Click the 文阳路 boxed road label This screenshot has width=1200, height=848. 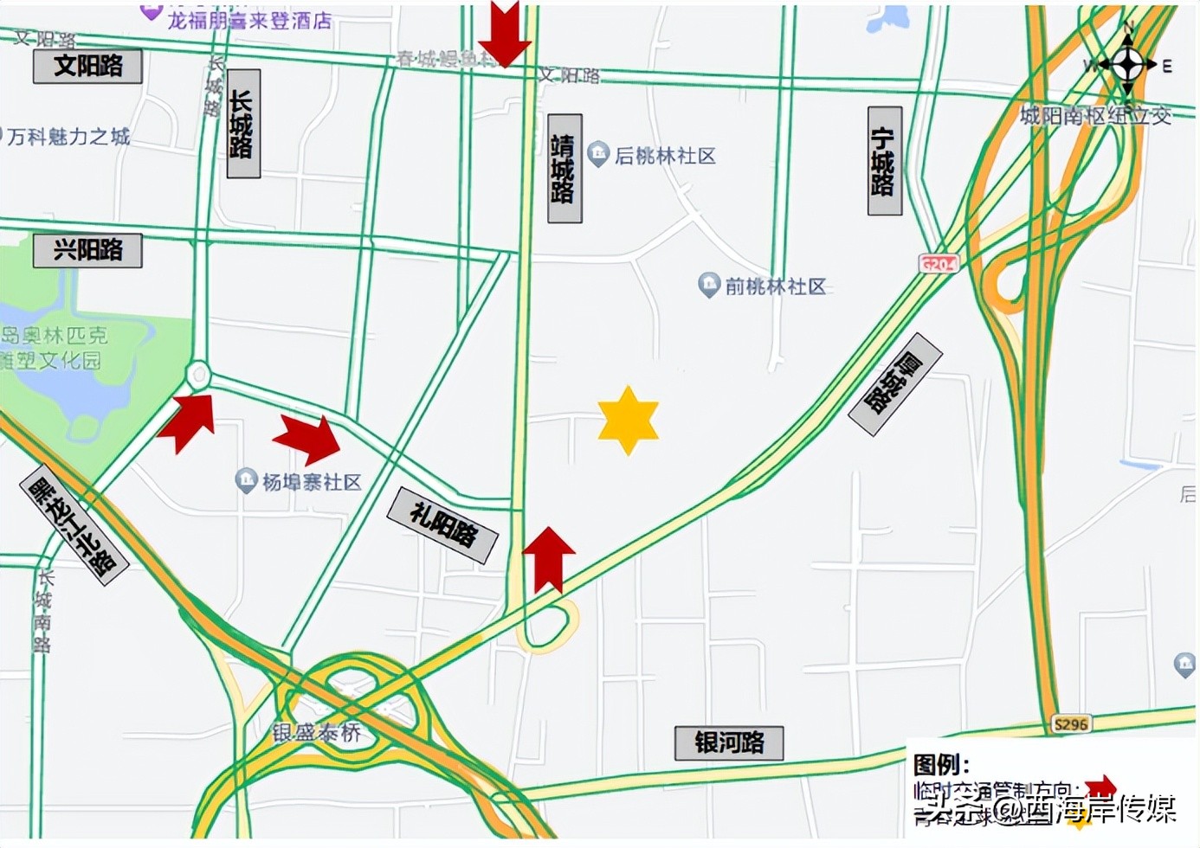[x=87, y=66]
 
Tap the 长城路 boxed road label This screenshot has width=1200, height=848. [x=243, y=124]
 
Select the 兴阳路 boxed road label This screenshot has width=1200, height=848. [x=87, y=250]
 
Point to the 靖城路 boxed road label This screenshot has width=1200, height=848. [x=565, y=168]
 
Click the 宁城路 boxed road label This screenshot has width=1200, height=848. [x=884, y=161]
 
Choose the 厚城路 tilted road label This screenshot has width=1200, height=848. [x=894, y=383]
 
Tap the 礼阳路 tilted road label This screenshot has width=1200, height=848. [x=442, y=524]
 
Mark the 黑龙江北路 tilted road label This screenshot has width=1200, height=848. [x=74, y=525]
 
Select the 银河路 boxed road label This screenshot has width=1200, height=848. [x=728, y=742]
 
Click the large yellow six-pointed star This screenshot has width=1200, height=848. [x=628, y=421]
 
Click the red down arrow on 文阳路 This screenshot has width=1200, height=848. [x=505, y=33]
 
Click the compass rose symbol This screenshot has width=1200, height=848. [x=1126, y=63]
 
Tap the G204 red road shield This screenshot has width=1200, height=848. [x=939, y=264]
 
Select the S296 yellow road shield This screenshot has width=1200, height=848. [x=1070, y=723]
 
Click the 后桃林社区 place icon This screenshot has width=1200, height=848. [x=598, y=154]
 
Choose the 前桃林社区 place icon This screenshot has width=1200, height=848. [x=709, y=285]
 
